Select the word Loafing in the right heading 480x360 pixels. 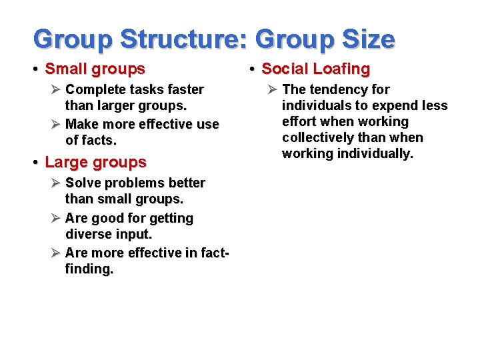[340, 69]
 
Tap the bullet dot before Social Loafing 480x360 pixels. [253, 69]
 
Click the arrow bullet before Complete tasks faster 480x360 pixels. [56, 89]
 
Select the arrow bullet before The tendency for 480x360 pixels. [273, 89]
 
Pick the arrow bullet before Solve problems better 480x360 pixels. [56, 183]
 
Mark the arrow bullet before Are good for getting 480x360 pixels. [56, 218]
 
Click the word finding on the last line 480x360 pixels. [89, 269]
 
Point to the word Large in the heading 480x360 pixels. [66, 162]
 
